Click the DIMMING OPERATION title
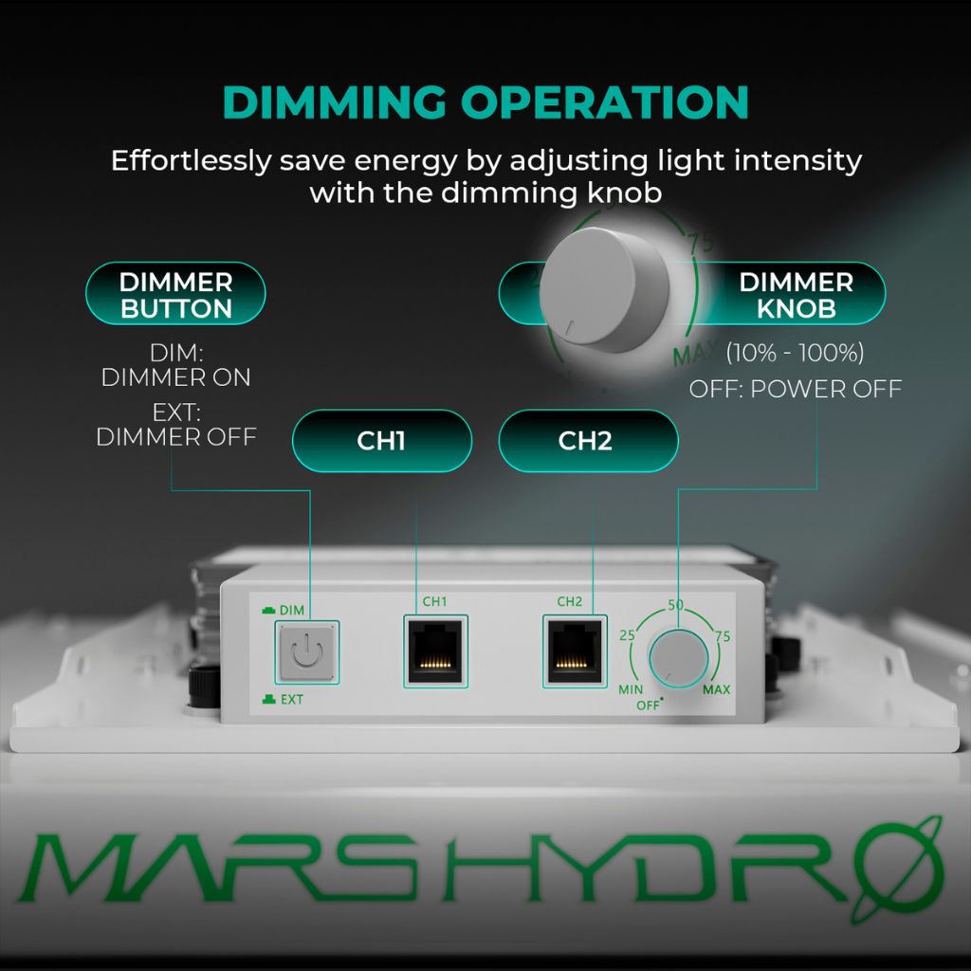485,102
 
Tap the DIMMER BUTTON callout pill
175,295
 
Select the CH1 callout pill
381,441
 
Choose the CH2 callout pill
588,441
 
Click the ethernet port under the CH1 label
435,650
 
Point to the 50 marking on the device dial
676,606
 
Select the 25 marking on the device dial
627,635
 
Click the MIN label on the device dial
631,689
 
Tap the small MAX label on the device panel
717,689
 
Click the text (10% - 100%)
795,354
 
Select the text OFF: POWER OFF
795,389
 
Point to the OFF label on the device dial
648,705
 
